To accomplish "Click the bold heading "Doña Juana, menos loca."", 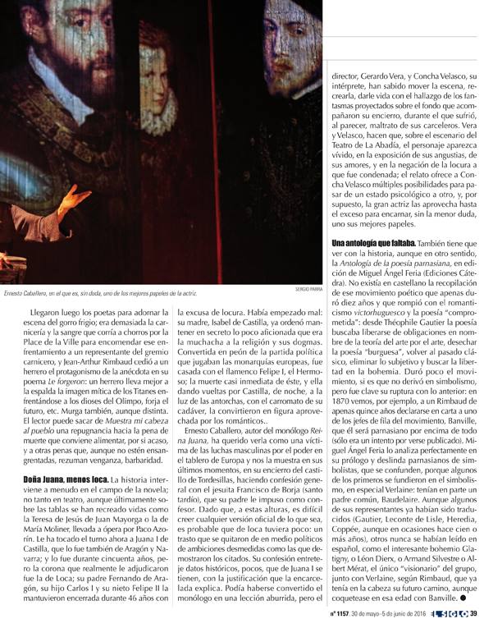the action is (x=56, y=478).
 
